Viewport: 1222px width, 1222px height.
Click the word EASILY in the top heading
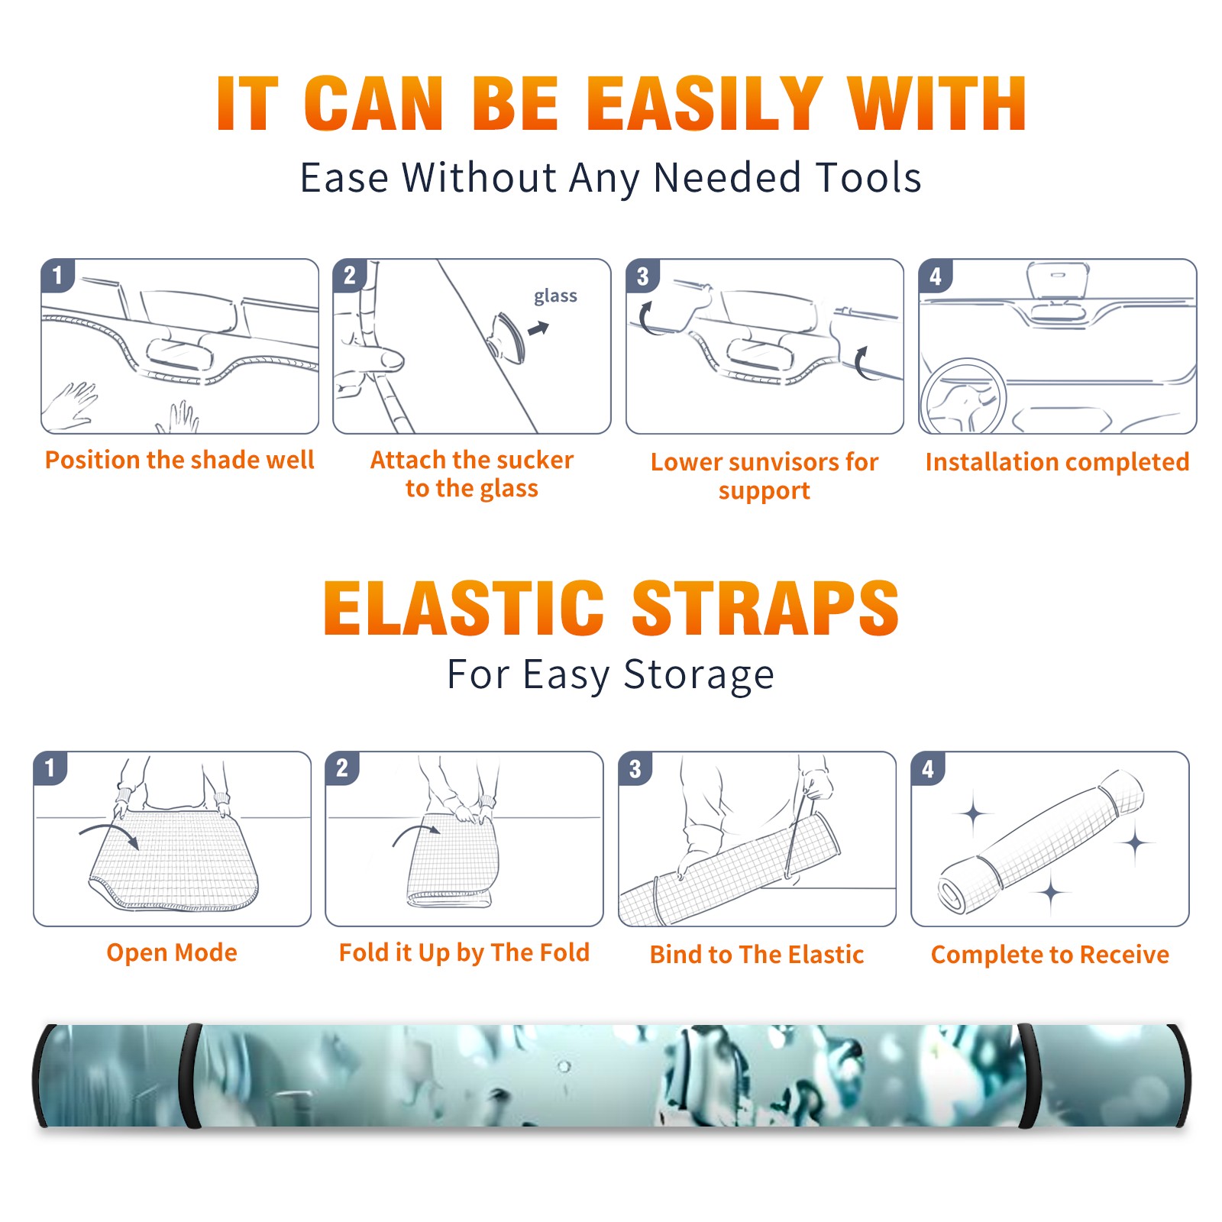[705, 104]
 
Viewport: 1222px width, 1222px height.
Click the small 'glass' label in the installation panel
[555, 296]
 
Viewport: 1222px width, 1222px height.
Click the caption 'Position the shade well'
[179, 460]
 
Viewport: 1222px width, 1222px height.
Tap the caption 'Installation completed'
[1057, 462]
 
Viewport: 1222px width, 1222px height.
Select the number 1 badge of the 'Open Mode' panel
[50, 768]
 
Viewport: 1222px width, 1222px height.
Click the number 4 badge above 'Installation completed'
[936, 276]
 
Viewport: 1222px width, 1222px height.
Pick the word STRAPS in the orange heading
[765, 608]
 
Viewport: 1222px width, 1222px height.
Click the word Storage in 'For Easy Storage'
[699, 675]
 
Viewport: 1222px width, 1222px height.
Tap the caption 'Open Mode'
[172, 952]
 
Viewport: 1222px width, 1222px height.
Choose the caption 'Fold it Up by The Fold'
[464, 952]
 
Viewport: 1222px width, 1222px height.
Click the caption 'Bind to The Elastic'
[757, 955]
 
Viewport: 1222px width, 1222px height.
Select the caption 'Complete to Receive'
[1050, 955]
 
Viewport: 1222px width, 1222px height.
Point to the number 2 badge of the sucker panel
[350, 276]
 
